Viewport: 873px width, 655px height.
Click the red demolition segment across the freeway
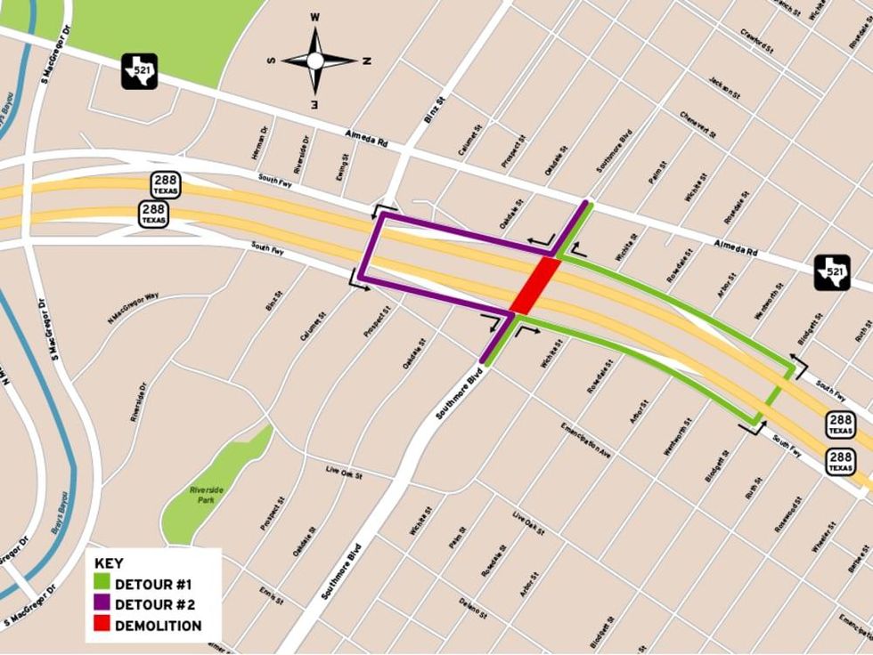[535, 285]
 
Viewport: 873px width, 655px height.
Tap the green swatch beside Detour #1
[100, 585]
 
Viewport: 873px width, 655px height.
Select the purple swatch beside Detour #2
[100, 605]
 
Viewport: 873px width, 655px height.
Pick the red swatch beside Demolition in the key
[100, 626]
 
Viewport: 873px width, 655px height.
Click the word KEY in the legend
[109, 563]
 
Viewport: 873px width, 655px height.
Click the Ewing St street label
[341, 167]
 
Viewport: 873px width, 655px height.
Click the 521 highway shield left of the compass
[139, 71]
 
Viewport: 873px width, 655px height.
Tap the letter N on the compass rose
[367, 61]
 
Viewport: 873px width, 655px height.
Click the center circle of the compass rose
[314, 61]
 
